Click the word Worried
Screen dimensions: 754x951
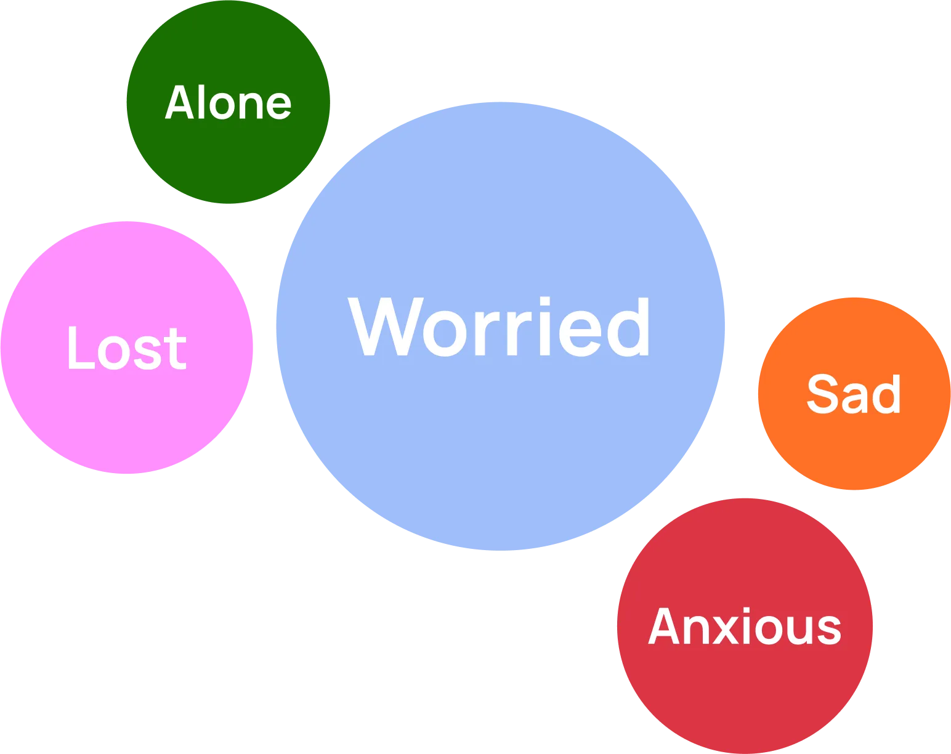pyautogui.click(x=499, y=326)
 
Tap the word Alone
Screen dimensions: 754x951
pyautogui.click(x=228, y=103)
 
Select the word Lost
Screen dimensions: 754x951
pyautogui.click(x=126, y=348)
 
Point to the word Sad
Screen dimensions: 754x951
pyautogui.click(x=854, y=394)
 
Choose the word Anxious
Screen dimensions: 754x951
pyautogui.click(x=745, y=626)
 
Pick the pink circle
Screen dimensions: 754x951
pyautogui.click(x=126, y=419)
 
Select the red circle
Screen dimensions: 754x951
pyautogui.click(x=745, y=690)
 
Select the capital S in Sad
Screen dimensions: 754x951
pyautogui.click(x=822, y=394)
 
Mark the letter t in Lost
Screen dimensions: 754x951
pyautogui.click(x=176, y=349)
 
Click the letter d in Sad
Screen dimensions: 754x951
pyautogui.click(x=888, y=394)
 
